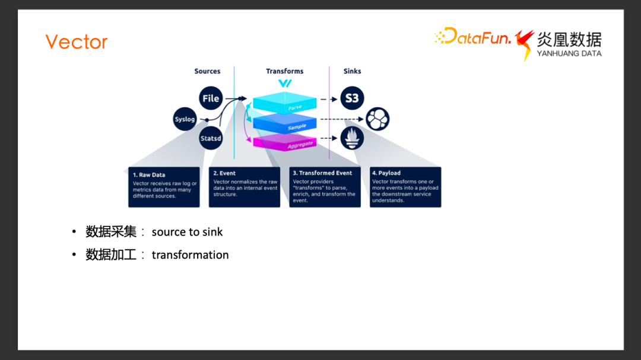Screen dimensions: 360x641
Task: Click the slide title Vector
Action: point(77,42)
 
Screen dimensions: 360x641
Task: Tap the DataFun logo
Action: point(473,37)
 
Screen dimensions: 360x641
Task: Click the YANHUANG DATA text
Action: point(569,53)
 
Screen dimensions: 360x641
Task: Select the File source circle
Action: point(211,98)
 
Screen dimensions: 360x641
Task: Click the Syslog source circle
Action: point(185,119)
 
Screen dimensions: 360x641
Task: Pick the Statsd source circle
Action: point(211,138)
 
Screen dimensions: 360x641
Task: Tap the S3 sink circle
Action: point(352,98)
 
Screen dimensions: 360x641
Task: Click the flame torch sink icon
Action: point(352,138)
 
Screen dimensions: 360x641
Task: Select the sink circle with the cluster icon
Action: point(377,119)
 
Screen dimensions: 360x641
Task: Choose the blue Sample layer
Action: point(287,123)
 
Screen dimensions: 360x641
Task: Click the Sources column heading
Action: point(207,71)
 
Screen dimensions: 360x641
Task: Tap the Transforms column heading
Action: point(285,71)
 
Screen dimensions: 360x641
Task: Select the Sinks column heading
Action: point(352,71)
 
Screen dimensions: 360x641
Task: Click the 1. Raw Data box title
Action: point(149,175)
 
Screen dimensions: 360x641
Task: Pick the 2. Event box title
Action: point(224,173)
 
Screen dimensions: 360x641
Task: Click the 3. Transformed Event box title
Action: point(322,173)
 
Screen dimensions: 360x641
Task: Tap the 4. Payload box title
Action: point(386,173)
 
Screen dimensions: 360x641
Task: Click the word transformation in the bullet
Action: point(190,255)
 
